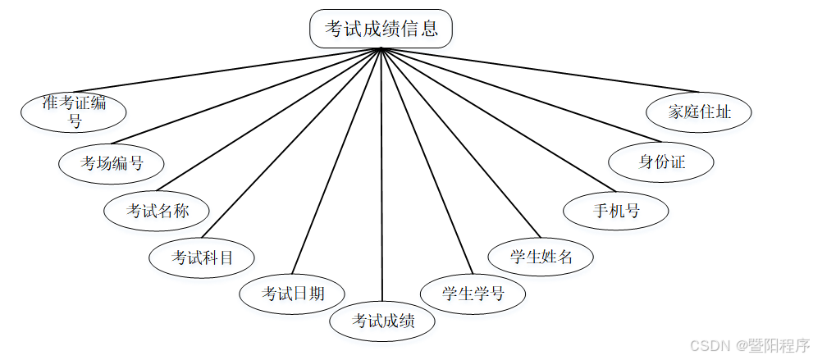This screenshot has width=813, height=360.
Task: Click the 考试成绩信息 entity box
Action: click(x=381, y=29)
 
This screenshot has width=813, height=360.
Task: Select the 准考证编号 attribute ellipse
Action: click(x=75, y=112)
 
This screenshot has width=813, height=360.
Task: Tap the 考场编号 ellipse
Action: click(x=112, y=162)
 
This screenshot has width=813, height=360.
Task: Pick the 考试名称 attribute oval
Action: click(x=157, y=211)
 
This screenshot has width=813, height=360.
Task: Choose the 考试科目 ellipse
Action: click(x=202, y=257)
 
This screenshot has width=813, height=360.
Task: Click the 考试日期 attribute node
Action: click(x=292, y=293)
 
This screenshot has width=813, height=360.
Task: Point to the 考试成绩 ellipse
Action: click(x=382, y=321)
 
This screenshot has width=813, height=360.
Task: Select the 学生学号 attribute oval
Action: click(x=473, y=293)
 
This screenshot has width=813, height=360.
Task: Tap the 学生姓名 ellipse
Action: click(x=541, y=256)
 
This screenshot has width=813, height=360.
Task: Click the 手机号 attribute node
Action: click(x=616, y=210)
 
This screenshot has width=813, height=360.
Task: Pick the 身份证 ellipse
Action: click(x=661, y=161)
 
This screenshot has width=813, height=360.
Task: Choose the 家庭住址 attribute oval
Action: click(x=699, y=112)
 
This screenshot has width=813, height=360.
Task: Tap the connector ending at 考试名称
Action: click(x=271, y=120)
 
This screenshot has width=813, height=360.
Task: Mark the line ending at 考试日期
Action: click(x=336, y=161)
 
